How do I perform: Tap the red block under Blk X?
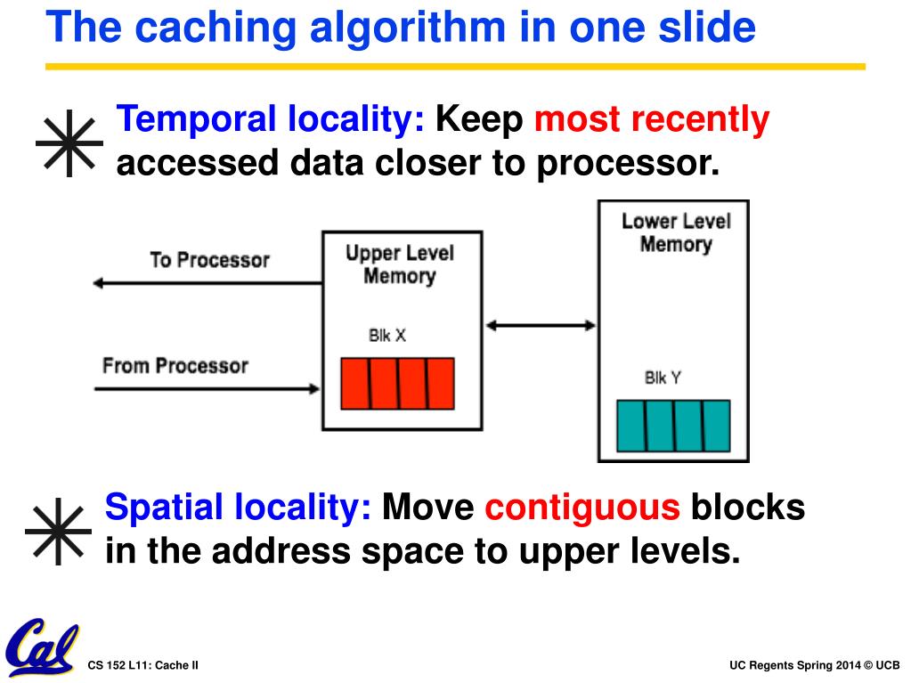397,383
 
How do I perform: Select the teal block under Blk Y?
673,426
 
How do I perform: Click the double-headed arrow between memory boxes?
541,326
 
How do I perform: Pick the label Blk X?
387,336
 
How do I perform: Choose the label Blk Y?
663,378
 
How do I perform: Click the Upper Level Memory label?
400,264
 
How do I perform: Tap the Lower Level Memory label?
675,232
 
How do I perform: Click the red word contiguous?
582,508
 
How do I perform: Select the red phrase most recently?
652,119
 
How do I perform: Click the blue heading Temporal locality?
271,119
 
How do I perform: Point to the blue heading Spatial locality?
238,508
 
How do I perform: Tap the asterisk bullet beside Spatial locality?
59,533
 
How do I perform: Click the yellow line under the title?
455,66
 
